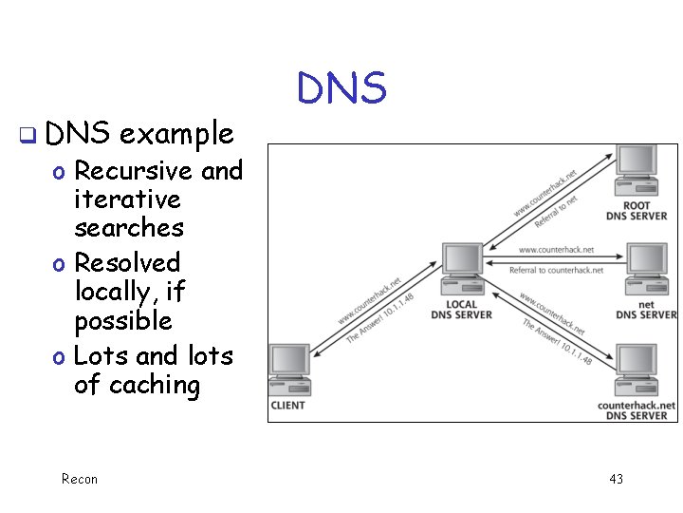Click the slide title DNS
pos(341,88)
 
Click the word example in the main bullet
pos(176,134)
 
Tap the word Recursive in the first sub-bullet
pos(133,171)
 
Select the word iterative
pos(127,199)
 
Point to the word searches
pos(129,228)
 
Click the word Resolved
pos(127,262)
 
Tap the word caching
pos(155,385)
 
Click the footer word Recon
pos(79,479)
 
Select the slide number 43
pos(616,479)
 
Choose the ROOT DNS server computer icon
pos(636,170)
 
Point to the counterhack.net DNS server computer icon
pos(636,370)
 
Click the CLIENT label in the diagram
pos(288,405)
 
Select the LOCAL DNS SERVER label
pos(462,310)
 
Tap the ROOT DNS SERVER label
pos(637,211)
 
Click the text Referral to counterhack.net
pos(556,270)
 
